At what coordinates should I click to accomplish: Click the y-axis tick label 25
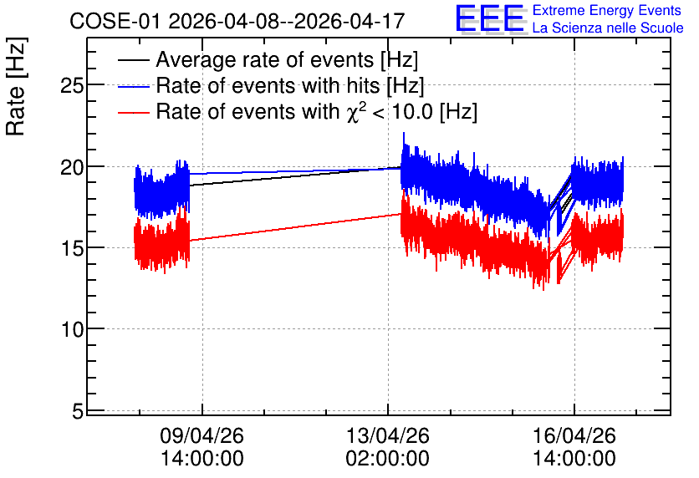72,85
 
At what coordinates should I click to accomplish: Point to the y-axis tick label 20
72,167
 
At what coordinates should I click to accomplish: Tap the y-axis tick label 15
72,248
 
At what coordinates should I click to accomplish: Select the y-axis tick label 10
72,329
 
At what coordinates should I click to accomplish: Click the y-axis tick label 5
78,411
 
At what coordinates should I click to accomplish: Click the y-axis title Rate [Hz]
16,86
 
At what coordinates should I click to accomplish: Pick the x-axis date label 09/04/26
202,435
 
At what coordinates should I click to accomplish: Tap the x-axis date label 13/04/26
388,435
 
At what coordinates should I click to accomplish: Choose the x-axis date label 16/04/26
574,435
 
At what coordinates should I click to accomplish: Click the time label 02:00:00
388,458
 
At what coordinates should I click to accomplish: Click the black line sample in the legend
133,60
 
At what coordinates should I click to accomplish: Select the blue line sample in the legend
133,86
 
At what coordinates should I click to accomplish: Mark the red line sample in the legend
133,112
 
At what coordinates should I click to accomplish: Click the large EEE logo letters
491,19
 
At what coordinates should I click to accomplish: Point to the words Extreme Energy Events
607,10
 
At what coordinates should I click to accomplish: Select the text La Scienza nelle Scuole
608,28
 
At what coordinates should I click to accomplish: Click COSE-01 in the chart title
115,21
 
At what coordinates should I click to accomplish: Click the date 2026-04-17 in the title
349,21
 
